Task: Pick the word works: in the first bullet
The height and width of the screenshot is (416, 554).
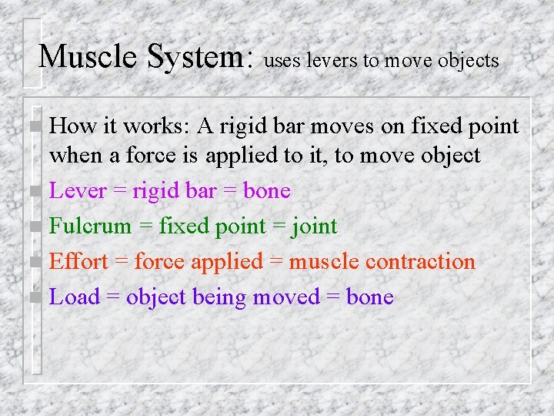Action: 155,126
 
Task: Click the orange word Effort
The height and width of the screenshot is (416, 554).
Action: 78,262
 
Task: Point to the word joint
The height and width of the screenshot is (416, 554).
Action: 312,226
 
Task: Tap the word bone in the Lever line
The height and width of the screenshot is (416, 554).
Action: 266,191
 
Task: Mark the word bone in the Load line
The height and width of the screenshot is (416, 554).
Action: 369,297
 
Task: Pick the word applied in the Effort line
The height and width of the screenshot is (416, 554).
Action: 227,262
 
